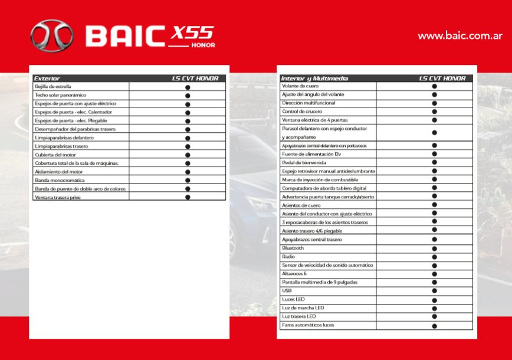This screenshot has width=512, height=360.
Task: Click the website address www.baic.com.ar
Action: click(460, 35)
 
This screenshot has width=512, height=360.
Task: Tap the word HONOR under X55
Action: click(203, 45)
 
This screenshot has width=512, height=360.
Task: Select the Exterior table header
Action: click(47, 78)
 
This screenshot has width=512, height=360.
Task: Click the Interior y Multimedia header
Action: click(314, 78)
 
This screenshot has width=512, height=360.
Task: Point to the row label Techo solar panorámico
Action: click(61, 95)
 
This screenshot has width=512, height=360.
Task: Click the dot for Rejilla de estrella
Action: click(188, 87)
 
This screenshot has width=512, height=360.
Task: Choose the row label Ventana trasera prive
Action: click(58, 198)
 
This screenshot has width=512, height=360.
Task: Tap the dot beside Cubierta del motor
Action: click(188, 155)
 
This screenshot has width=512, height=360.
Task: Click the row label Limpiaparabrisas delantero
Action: click(64, 138)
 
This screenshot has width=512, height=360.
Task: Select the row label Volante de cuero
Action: click(300, 86)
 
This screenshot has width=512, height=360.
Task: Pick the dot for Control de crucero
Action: click(434, 112)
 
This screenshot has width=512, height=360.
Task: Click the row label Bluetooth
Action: click(293, 248)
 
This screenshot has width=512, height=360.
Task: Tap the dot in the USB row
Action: click(434, 291)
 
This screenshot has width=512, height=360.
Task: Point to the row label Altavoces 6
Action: click(294, 274)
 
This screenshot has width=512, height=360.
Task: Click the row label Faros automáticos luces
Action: click(308, 325)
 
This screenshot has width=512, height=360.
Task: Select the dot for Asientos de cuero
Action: click(434, 205)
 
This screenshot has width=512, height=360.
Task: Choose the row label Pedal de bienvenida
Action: click(304, 162)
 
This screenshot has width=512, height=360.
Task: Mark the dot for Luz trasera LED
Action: click(434, 317)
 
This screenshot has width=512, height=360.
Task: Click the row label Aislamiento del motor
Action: click(58, 172)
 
